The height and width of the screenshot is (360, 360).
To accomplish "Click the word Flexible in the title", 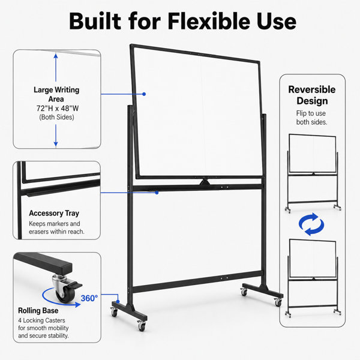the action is point(209,22).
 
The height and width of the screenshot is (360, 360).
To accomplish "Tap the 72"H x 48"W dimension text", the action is point(58,108).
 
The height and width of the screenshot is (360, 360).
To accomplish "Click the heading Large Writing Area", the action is point(56,94).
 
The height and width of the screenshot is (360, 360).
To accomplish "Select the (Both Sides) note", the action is point(56,117).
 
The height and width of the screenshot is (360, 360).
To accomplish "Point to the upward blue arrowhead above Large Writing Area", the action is point(56,56).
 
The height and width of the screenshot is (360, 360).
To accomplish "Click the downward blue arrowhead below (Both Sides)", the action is point(56,144).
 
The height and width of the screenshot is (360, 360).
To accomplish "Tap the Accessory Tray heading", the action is point(54,213).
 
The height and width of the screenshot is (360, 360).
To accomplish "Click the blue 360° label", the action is point(89,298).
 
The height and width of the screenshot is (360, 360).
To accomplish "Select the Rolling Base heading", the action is point(38,310).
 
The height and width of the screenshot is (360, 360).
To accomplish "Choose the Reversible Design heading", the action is point(312,95).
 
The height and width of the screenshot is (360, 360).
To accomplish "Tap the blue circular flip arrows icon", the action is point(311,224).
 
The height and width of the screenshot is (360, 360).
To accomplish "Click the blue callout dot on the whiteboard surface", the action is point(144,94).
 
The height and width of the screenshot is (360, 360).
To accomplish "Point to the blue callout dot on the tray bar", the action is point(157,193).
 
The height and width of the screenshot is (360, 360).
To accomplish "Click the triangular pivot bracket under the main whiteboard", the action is point(205,182).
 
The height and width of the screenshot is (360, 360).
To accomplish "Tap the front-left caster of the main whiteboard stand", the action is point(115,312).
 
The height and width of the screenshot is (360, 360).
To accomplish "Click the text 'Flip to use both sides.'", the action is point(311,118).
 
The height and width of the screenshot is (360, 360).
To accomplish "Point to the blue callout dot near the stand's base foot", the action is point(118,301).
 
